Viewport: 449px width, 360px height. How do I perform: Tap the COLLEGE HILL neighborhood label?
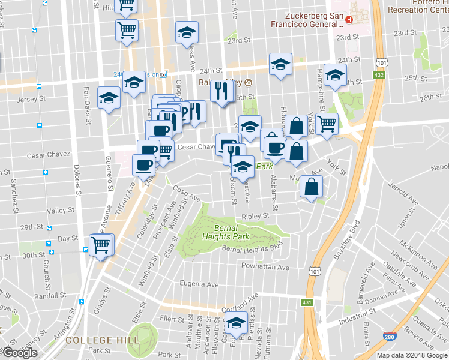[102, 340]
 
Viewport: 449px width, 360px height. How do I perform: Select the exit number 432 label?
[379, 74]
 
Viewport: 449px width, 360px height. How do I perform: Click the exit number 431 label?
[307, 302]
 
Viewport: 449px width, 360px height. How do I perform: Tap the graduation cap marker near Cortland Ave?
[236, 323]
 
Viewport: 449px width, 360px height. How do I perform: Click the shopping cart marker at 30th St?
[100, 244]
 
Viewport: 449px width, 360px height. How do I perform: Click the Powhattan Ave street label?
[265, 266]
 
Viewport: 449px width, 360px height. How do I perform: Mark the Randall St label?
[50, 296]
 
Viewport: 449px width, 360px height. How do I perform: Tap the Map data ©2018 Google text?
[412, 355]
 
